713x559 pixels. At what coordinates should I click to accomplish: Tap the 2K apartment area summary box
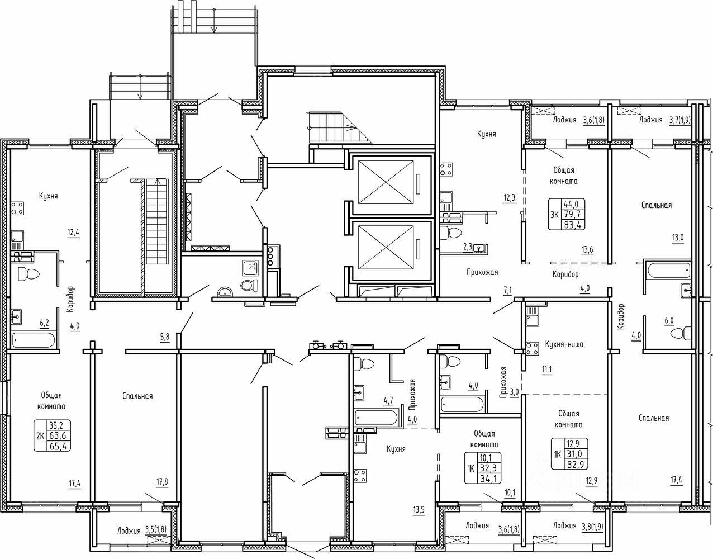click(x=53, y=435)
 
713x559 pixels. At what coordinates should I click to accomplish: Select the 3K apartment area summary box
click(x=567, y=214)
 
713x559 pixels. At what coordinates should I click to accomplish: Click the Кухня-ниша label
click(x=564, y=344)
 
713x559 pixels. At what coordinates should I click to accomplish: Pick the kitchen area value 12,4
click(x=74, y=233)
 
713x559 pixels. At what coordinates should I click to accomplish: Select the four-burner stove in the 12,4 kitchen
click(x=17, y=208)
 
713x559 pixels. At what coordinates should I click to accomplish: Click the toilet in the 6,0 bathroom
click(x=680, y=334)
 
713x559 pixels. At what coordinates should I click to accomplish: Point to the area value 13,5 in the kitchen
click(x=419, y=510)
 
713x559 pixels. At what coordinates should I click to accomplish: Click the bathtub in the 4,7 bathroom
click(x=378, y=417)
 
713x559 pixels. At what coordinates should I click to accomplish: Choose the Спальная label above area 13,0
click(x=656, y=205)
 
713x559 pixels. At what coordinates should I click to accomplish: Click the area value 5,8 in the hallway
click(x=165, y=337)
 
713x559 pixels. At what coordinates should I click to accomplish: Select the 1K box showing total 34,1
click(x=483, y=468)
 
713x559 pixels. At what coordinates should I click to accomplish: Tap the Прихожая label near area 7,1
click(x=482, y=272)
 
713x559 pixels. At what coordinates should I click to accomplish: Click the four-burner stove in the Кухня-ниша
click(x=532, y=348)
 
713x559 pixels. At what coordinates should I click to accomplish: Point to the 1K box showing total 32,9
click(x=569, y=454)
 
